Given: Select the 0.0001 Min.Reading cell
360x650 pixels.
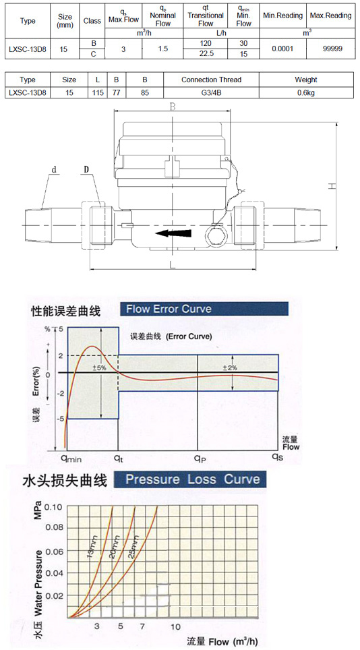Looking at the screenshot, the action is [282, 49].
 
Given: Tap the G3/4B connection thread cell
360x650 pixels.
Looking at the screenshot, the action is [211, 93].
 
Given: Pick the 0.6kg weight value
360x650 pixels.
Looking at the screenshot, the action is [306, 93].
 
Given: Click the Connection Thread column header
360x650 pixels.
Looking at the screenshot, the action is [211, 80].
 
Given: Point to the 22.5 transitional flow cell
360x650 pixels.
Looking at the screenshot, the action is [206, 53].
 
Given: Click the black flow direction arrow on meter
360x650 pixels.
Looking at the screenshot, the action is [174, 233].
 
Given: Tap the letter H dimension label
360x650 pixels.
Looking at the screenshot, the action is [331, 187].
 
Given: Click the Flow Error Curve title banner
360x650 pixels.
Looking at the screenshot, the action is [203, 309].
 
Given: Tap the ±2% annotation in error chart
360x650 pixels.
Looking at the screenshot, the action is [230, 367].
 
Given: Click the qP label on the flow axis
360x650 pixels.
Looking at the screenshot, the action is [200, 458].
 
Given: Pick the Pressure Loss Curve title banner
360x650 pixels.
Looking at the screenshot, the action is [190, 479].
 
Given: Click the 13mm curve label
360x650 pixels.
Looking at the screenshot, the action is [94, 548].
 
